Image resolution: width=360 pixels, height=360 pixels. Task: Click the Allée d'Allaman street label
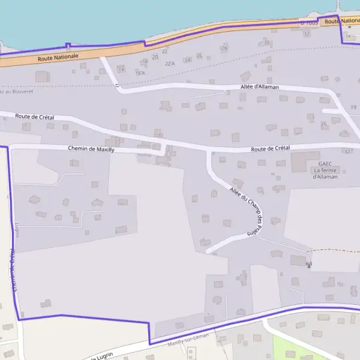[260, 87]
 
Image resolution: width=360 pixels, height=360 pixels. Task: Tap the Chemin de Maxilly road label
[91, 149]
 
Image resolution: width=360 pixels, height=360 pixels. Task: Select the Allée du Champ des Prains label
[246, 211]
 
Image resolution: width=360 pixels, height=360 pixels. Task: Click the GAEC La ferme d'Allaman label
[325, 170]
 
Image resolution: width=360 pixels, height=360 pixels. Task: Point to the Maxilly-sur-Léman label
[188, 340]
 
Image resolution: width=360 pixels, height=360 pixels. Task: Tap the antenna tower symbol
[309, 264]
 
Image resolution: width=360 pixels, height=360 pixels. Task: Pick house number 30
[266, 43]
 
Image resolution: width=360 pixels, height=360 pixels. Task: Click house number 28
[224, 47]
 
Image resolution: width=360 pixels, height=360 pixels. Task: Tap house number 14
[122, 70]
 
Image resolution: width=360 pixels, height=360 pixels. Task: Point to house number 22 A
[170, 64]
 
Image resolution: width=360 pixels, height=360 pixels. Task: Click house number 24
[187, 59]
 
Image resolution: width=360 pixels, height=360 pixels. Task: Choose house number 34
[347, 36]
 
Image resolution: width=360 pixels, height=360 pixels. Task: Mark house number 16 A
[140, 73]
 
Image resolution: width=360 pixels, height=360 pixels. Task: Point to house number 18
[145, 61]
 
